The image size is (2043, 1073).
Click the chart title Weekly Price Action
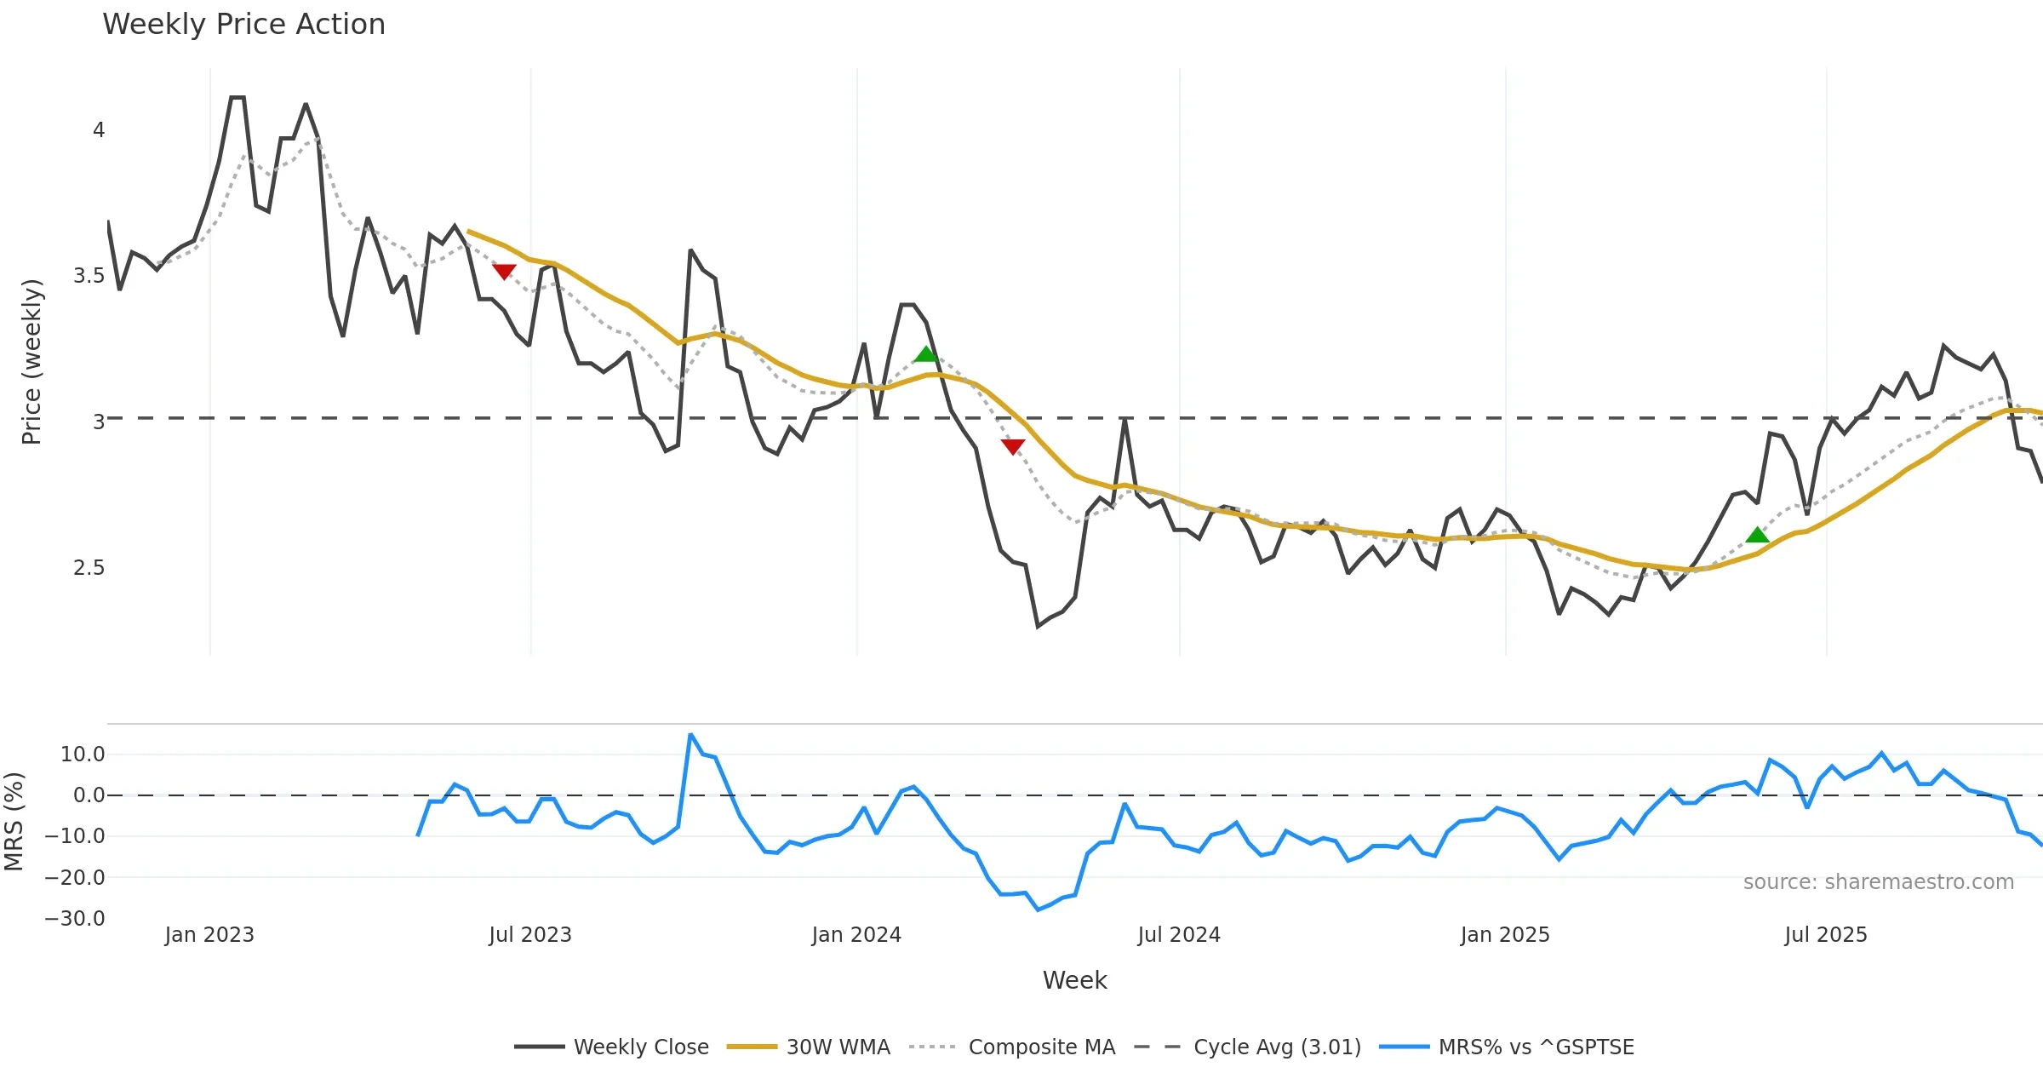click(x=243, y=25)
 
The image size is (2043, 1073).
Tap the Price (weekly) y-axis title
click(x=31, y=362)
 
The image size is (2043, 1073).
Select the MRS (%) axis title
click(x=14, y=821)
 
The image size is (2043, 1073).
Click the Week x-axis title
click(x=1074, y=980)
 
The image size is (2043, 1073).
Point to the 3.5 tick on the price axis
click(x=89, y=276)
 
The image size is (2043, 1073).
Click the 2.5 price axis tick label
click(x=89, y=568)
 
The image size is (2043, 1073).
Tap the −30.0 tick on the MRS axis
click(x=75, y=919)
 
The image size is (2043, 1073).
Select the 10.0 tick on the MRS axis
click(x=83, y=755)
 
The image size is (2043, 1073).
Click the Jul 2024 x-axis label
click(x=1179, y=935)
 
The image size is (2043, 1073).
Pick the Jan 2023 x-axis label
click(x=209, y=935)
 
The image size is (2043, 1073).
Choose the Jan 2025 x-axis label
click(x=1505, y=935)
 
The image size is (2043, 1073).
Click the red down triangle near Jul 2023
click(x=504, y=272)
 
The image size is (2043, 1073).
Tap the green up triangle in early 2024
click(x=925, y=354)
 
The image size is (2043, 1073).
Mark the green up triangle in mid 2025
click(x=1757, y=535)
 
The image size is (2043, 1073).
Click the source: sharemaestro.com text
click(x=1878, y=881)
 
